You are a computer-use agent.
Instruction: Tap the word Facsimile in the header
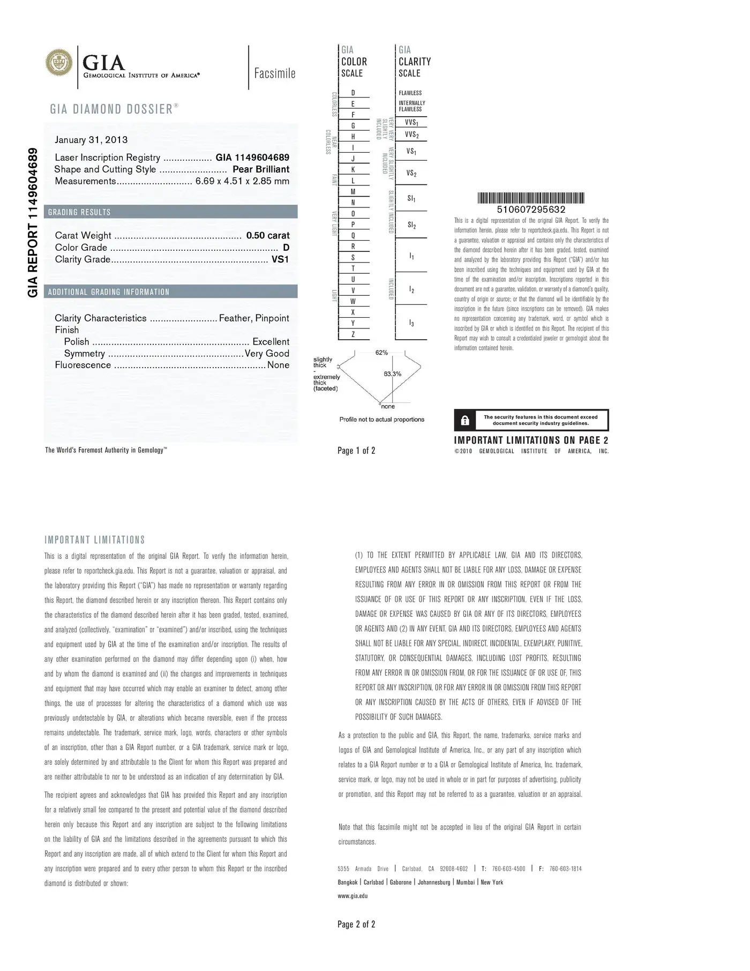(x=275, y=73)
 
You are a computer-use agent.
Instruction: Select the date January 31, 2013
(x=91, y=140)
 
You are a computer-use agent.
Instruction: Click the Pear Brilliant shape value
(x=261, y=169)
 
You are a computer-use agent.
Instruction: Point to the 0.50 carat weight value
(x=268, y=235)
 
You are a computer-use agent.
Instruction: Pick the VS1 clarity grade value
(x=280, y=259)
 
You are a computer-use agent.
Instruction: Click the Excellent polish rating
(x=271, y=342)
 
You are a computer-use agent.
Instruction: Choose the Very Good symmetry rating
(x=267, y=354)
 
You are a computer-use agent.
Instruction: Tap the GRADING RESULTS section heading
(x=79, y=212)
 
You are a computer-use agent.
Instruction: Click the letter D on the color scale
(x=353, y=93)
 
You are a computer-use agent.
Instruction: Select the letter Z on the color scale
(x=353, y=334)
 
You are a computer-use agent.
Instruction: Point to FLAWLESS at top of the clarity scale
(x=410, y=93)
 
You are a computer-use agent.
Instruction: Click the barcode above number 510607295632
(x=531, y=198)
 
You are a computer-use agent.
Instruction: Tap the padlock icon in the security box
(x=465, y=421)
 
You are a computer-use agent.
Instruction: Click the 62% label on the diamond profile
(x=381, y=353)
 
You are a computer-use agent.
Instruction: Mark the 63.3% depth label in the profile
(x=392, y=374)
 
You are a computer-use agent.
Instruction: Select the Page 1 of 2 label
(x=356, y=451)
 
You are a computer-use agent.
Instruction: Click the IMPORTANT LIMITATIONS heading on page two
(x=95, y=540)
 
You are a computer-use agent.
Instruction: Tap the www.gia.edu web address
(x=352, y=896)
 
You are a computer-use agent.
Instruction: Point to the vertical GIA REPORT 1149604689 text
(x=33, y=222)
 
